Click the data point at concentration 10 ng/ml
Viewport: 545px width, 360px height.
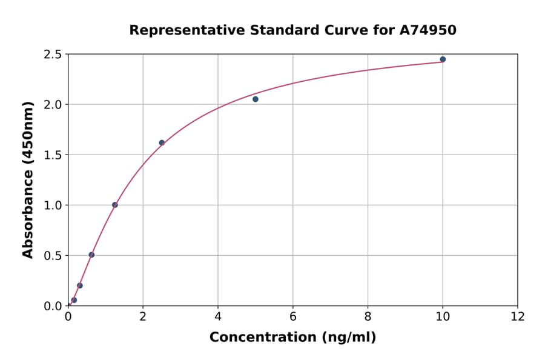[x=443, y=59]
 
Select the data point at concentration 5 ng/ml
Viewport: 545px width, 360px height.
[x=256, y=99]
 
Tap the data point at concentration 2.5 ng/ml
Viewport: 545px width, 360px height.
[x=162, y=143]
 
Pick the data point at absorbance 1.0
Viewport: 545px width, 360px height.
[x=115, y=205]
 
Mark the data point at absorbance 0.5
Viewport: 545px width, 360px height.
[x=91, y=255]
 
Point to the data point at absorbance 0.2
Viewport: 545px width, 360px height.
[x=80, y=285]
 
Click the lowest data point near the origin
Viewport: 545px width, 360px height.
[x=74, y=300]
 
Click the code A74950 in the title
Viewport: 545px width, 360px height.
[x=427, y=30]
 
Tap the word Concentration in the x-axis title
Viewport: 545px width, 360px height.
[x=261, y=338]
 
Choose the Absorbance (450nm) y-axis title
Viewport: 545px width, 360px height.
[x=28, y=180]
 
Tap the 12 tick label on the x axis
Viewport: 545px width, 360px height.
[x=518, y=316]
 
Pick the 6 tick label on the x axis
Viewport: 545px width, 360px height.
[x=293, y=316]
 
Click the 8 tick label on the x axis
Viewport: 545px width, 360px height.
[x=368, y=316]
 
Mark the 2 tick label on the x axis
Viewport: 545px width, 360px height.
[x=143, y=316]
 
